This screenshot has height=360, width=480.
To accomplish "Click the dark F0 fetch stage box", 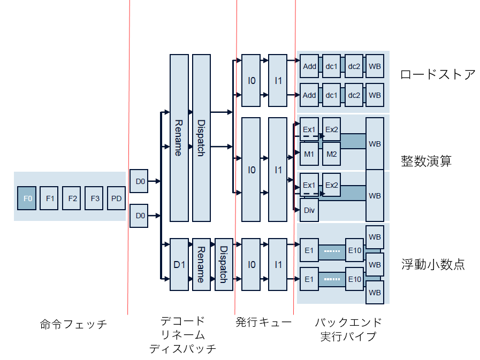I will pos(27,198).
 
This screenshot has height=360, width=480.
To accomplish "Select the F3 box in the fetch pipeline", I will pos(95,198).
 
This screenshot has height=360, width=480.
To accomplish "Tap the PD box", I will pos(117,198).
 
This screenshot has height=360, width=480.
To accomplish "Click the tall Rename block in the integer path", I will pos(179,137).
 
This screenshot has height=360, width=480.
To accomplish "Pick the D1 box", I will pos(179,264).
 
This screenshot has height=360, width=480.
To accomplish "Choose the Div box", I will pos(309,209).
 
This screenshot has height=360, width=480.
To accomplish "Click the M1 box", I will pos(309,154).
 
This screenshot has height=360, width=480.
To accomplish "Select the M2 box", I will pos(332,154).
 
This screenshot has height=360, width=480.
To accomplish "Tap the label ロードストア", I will pos(437,74).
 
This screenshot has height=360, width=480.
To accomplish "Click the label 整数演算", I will pos(426,160).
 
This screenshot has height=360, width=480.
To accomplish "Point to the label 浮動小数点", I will pos(433,264).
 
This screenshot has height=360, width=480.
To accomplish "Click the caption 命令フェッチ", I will pos(73,324).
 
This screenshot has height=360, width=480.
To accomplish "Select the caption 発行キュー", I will pos(263,322).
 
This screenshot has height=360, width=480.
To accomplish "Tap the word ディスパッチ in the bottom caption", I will pos(182,349).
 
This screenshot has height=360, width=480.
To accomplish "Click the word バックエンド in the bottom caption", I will pos(348,322).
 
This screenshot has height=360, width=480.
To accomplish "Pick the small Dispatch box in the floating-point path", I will pos(224,264).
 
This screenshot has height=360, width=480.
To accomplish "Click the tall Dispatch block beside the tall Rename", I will pos(201,137).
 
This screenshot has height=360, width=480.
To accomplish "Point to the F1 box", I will pos(50,198).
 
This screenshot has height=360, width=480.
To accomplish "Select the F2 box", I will pos(72,198).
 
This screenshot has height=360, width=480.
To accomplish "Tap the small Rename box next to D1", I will pos(201,264).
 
